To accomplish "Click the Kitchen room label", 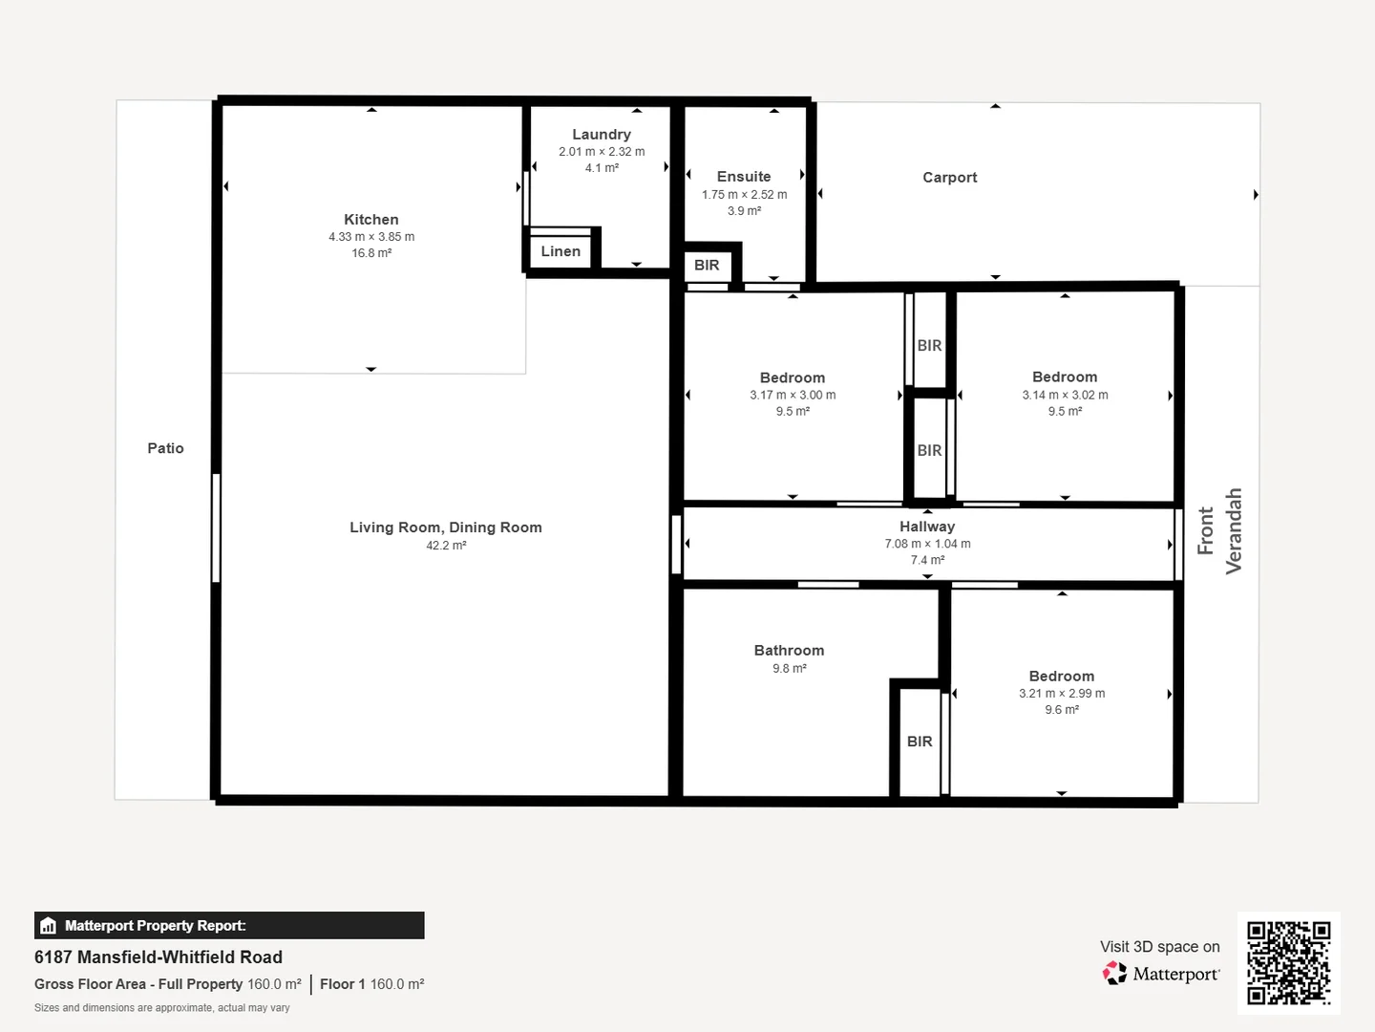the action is pyautogui.click(x=370, y=220).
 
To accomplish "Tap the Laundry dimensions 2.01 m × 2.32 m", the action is pyautogui.click(x=602, y=152).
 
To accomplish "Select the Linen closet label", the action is pyautogui.click(x=561, y=251).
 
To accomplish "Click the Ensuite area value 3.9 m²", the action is pyautogui.click(x=744, y=211).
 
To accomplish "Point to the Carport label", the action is pyautogui.click(x=950, y=178).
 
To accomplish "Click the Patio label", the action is pyautogui.click(x=165, y=448).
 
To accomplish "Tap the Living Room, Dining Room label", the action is pyautogui.click(x=445, y=527).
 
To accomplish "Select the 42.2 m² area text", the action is pyautogui.click(x=446, y=546).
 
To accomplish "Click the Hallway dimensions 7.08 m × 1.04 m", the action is pyautogui.click(x=928, y=544).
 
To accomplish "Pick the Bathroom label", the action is pyautogui.click(x=789, y=651).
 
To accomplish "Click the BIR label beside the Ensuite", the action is pyautogui.click(x=707, y=265).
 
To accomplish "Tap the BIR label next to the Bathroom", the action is pyautogui.click(x=920, y=742).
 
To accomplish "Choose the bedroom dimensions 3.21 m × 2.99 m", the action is pyautogui.click(x=1062, y=694).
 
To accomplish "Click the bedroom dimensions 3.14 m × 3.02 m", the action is pyautogui.click(x=1065, y=396).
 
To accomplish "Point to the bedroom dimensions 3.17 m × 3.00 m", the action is pyautogui.click(x=793, y=396).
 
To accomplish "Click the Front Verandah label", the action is pyautogui.click(x=1219, y=530).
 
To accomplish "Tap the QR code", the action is pyautogui.click(x=1288, y=962).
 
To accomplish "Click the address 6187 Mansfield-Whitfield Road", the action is pyautogui.click(x=159, y=957).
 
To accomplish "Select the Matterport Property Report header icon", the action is pyautogui.click(x=49, y=926).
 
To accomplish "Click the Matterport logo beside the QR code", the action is pyautogui.click(x=1160, y=974).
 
